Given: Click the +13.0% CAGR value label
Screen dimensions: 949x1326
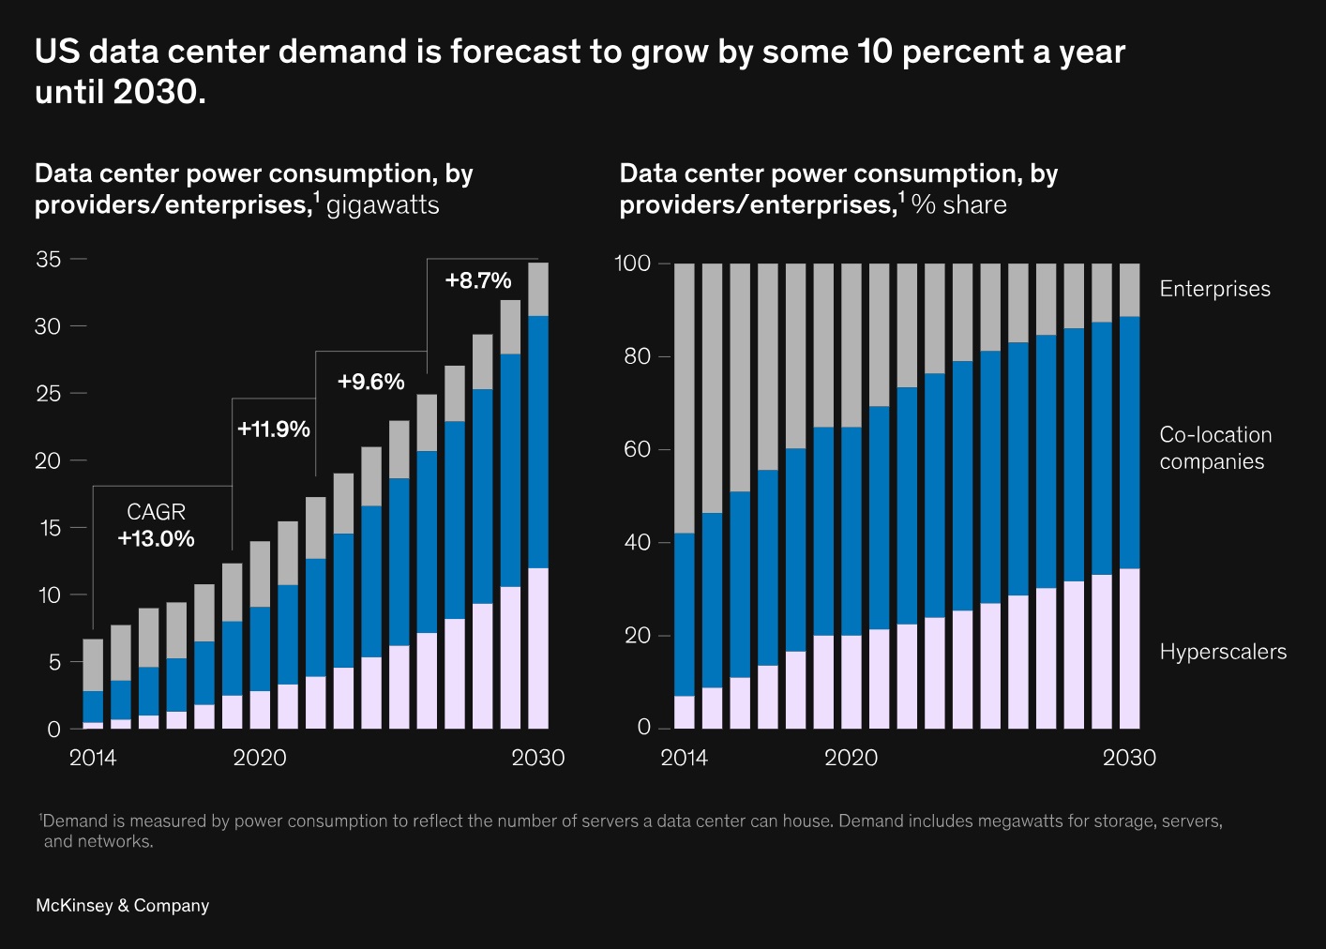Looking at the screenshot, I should coord(157,539).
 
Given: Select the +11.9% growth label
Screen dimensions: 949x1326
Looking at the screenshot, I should coord(274,429).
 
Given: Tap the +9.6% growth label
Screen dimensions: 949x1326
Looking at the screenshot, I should coord(371,382).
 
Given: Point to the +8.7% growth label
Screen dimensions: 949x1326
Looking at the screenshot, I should coord(478,280).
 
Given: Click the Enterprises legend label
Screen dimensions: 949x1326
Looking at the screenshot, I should coord(1214,289).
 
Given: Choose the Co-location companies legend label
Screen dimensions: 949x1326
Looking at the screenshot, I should coord(1215,448).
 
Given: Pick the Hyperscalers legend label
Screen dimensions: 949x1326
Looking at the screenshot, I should coord(1223,652).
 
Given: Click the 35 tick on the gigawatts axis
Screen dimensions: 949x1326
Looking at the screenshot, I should coord(49,260).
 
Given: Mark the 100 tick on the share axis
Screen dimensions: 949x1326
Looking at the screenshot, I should coord(632,264).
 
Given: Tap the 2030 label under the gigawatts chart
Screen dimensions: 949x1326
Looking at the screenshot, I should coord(538,758).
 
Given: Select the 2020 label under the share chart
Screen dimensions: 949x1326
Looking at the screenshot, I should coord(851,758).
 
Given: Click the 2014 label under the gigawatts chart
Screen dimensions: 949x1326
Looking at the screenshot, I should coord(93,758).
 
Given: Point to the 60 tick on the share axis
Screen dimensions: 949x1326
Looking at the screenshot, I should coord(638,449).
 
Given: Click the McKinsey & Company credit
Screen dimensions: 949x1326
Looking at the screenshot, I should coord(122,906).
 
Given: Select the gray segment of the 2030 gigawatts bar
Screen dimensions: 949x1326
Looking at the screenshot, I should coord(538,289).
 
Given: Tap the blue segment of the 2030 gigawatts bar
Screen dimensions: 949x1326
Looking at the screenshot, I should coord(538,441).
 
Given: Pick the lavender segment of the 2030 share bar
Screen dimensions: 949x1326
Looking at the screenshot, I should coord(1130,648).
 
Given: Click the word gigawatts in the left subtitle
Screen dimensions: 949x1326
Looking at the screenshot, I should coord(383,204).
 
